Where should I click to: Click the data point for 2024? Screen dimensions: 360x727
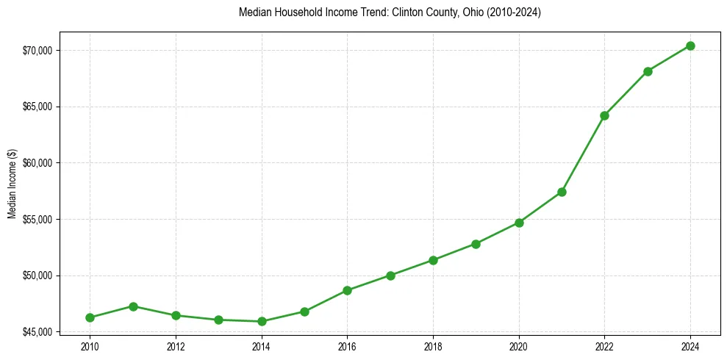tap(690, 46)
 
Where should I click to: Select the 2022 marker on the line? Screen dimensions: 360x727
tap(604, 115)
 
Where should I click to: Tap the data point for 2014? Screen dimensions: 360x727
tap(261, 321)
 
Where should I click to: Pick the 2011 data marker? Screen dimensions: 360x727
tap(133, 306)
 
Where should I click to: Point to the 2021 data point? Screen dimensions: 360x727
tap(562, 192)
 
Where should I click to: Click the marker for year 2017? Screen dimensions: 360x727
tap(390, 276)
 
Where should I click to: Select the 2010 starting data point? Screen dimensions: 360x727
tap(90, 317)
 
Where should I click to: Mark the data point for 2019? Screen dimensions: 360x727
tap(476, 244)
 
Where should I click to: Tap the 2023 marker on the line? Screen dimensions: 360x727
tap(648, 71)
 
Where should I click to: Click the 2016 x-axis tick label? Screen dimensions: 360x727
tap(347, 346)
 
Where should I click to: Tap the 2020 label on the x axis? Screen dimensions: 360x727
tap(519, 346)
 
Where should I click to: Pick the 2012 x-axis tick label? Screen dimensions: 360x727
tap(176, 346)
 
